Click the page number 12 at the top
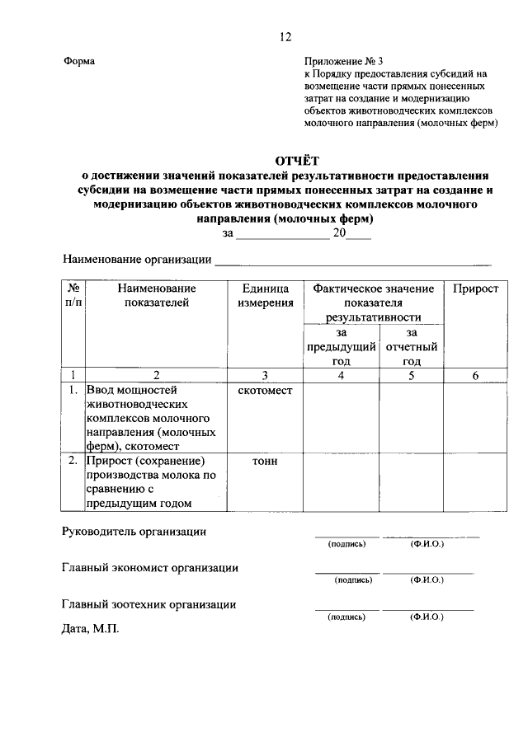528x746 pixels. [285, 36]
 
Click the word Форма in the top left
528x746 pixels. [79, 61]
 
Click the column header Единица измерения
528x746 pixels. [266, 296]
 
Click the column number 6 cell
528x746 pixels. [475, 375]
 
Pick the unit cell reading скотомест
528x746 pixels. [266, 390]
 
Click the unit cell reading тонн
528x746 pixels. [266, 461]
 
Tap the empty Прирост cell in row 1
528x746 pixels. [475, 418]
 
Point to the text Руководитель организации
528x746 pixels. [134, 532]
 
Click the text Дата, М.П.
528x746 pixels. [90, 628]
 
